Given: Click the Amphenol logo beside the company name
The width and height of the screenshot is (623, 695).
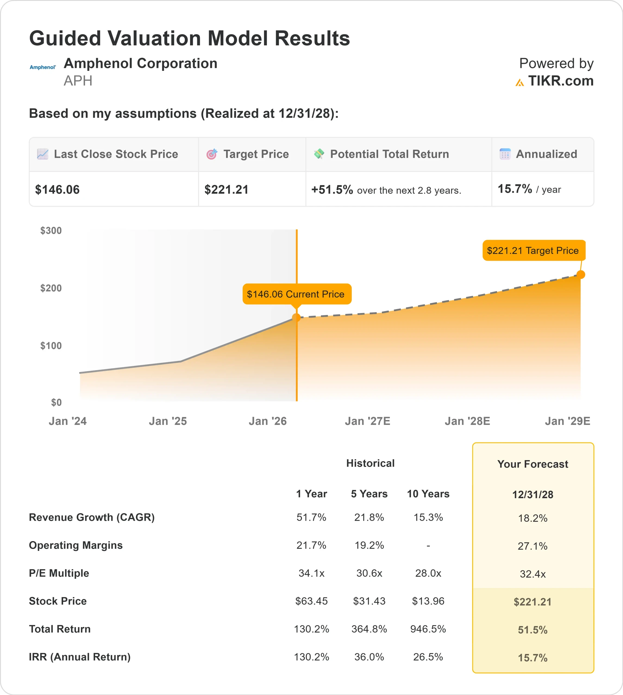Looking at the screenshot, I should coord(42,67).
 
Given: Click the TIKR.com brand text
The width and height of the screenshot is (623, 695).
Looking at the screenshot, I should coord(560,81).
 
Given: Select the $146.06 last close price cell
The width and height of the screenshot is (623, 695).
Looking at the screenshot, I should coord(58,189).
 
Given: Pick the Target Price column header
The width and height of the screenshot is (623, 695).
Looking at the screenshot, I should coord(256,154).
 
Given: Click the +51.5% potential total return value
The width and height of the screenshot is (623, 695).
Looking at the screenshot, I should coord(332,189).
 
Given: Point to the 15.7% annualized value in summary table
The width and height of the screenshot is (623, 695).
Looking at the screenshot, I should coord(515,189).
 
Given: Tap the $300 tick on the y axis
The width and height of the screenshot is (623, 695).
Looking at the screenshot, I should coord(51,230).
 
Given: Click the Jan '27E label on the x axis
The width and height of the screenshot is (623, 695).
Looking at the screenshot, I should coord(367,421).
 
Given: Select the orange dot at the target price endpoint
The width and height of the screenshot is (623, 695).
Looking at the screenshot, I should coord(581,274).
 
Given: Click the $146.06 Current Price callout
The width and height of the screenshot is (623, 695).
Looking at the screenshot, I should coord(296,294).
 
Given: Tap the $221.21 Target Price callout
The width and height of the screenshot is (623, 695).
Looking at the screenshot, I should coord(533,251).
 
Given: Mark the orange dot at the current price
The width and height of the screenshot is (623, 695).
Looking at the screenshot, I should coord(296,318).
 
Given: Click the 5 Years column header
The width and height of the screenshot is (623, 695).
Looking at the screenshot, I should coord(369,494).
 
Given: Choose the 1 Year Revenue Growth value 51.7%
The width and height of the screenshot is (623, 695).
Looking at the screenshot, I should coord(311,517).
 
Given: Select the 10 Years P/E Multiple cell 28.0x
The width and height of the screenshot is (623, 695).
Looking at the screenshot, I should coord(428,573).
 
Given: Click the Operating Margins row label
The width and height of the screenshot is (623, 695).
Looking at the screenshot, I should coord(76,545).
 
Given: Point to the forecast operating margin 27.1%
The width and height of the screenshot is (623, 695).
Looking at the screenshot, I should coord(532,546).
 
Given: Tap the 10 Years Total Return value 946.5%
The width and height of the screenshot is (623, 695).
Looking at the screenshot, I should coord(428,629).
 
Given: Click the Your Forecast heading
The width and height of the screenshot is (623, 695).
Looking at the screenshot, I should coord(532,464).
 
